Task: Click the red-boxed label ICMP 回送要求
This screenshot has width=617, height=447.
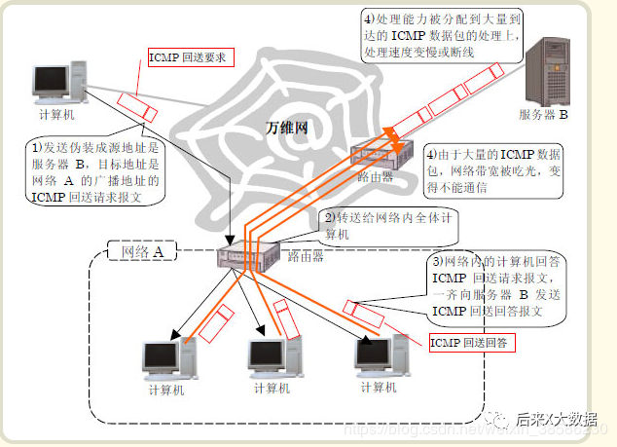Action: [x=188, y=57]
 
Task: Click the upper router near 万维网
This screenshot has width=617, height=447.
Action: [x=375, y=157]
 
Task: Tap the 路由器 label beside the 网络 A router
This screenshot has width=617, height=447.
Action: [x=306, y=257]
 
